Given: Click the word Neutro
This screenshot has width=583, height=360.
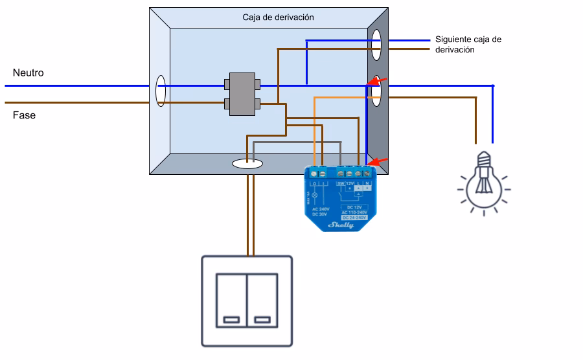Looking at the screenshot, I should [x=28, y=73].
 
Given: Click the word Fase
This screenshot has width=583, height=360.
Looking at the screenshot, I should [x=24, y=115].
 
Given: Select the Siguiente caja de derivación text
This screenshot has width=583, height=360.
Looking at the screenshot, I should [x=468, y=44].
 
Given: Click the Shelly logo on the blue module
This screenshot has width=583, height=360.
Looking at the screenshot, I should [x=342, y=225].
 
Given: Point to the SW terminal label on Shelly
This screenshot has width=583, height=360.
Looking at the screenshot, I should [x=340, y=183].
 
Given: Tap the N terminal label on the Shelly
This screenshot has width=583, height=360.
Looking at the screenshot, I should [x=367, y=183].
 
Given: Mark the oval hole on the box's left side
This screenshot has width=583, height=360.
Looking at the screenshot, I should [x=160, y=91].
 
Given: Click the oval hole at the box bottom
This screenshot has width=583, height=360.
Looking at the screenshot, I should [x=247, y=165].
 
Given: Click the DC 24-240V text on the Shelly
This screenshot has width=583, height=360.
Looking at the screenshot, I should [x=353, y=217].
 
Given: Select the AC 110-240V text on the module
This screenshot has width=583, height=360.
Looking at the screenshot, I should [x=353, y=212].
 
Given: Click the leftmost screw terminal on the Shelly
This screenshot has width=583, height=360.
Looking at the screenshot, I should [x=314, y=173].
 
